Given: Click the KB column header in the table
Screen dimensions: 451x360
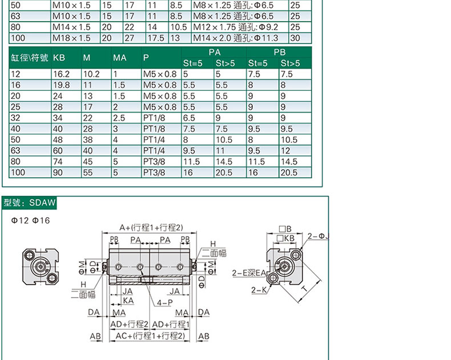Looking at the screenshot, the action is (59, 58).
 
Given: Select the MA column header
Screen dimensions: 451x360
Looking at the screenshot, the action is (120, 58).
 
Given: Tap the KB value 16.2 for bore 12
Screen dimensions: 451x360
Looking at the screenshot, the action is (61, 74).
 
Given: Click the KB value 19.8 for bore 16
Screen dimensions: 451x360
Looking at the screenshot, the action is (61, 85).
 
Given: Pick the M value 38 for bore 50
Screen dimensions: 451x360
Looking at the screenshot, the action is (88, 140).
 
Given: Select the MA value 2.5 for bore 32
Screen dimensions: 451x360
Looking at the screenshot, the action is (119, 118).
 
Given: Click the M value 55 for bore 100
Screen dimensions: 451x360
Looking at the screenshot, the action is (88, 173).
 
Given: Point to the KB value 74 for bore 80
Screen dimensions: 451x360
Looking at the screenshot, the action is (58, 162).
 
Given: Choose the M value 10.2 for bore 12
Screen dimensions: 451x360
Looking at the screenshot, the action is (91, 74).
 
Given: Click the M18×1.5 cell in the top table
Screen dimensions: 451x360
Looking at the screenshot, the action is (71, 38).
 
